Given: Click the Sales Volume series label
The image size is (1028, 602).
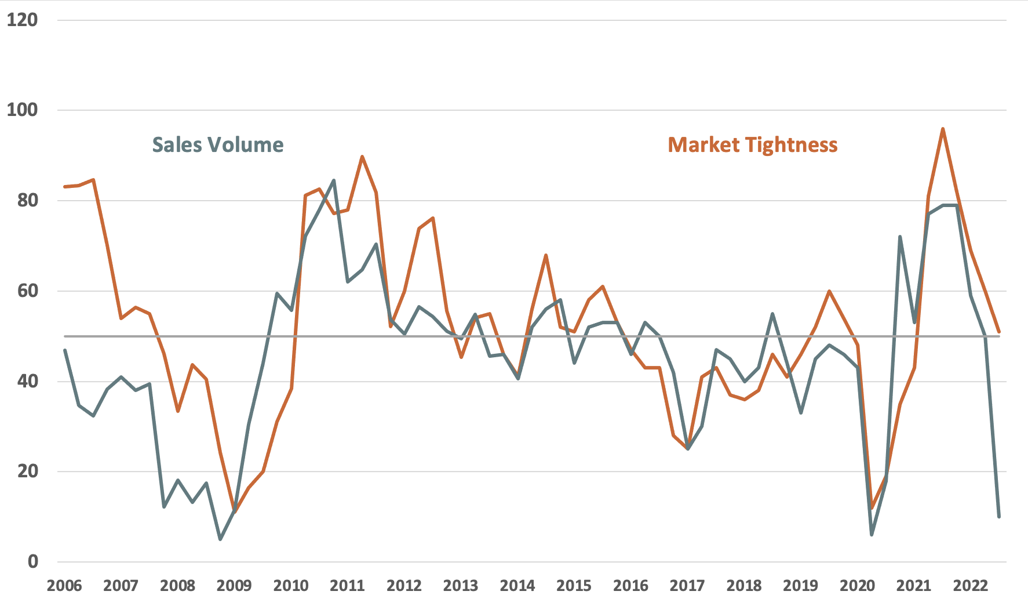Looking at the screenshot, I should point(218,145).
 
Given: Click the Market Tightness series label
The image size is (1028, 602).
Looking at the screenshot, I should point(753,145).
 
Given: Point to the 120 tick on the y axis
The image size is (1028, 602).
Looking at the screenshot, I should point(22,20).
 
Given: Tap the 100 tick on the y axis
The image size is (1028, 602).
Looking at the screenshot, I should point(22,110).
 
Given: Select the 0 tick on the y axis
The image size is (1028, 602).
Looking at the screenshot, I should point(32,561).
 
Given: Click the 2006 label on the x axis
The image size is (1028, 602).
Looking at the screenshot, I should point(64,586).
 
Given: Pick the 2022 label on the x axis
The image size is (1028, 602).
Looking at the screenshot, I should point(971,586).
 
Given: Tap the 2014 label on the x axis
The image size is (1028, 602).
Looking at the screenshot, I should point(517,586).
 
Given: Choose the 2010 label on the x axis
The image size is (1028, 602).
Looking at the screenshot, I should point(291,586).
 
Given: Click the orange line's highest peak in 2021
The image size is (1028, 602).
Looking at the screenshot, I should point(943,129).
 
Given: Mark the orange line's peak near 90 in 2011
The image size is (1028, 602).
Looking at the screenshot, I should point(362,157).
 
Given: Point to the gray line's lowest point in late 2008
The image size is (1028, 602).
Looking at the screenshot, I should point(220,539).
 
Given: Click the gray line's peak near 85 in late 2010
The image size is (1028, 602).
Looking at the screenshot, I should point(334,180).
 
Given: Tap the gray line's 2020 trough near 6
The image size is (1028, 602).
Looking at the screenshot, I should point(872,534).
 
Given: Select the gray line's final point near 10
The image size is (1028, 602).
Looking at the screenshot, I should point(999,516).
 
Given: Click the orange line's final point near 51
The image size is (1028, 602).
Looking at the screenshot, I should point(999,332).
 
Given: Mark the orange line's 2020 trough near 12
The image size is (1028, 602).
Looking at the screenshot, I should point(872,508).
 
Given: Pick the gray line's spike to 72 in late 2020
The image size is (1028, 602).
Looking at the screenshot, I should point(900,237).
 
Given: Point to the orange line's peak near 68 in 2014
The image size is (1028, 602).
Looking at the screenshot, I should point(546,255).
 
